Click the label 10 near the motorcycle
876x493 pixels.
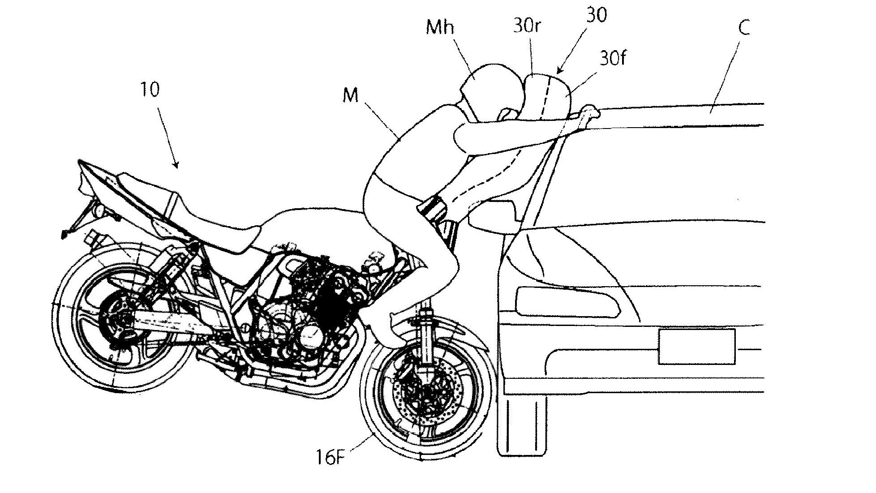tap(150, 90)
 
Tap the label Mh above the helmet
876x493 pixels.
tap(440, 28)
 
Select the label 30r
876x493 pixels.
tap(527, 26)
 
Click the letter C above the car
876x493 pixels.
tap(743, 28)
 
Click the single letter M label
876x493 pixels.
tap(350, 95)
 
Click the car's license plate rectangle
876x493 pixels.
tap(696, 346)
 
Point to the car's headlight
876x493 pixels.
tap(567, 300)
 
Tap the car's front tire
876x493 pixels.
tap(522, 425)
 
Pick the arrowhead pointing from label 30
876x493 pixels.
tap(558, 72)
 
